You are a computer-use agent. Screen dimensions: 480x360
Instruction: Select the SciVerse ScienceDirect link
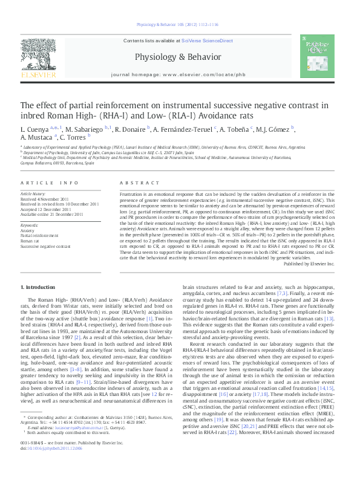click(x=208, y=41)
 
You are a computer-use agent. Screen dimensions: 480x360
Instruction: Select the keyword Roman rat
click(x=32, y=241)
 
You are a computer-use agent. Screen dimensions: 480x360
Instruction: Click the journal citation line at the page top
click(x=180, y=26)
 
